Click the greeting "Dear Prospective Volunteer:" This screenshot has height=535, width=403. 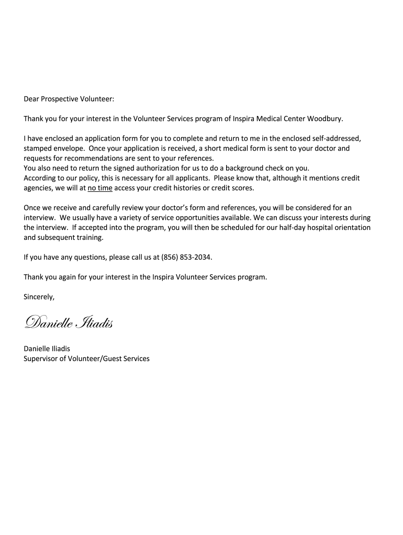[69, 99]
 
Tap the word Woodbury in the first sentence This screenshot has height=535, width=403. [325, 119]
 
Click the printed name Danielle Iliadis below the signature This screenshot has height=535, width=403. [47, 348]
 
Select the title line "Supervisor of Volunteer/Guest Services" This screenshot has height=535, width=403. [86, 358]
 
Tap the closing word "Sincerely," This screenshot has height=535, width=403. [39, 297]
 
